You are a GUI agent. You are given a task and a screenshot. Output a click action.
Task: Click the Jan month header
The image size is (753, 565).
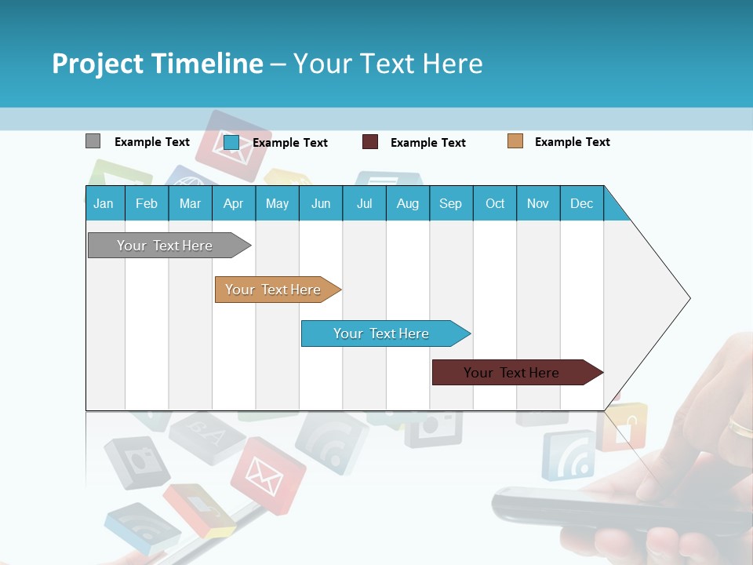tap(104, 203)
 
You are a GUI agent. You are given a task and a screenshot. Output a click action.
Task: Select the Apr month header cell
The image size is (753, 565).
tap(234, 203)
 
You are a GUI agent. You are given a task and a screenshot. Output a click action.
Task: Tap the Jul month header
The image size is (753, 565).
tap(364, 203)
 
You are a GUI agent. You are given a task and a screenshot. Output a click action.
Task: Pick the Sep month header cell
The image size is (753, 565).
tap(451, 203)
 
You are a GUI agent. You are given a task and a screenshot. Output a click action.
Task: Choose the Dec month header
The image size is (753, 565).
tap(581, 203)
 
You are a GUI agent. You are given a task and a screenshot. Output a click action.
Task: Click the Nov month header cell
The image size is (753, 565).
tap(538, 203)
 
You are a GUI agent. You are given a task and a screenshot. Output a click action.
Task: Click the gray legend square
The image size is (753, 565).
tap(93, 141)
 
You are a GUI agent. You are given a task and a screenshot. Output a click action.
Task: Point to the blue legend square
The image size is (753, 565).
tap(231, 142)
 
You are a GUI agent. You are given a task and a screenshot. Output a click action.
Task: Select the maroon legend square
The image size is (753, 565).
tap(370, 141)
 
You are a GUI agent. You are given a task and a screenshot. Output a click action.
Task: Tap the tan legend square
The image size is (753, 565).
tap(515, 141)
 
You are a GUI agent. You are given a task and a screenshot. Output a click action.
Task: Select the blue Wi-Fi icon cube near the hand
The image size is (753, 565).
tap(569, 455)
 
